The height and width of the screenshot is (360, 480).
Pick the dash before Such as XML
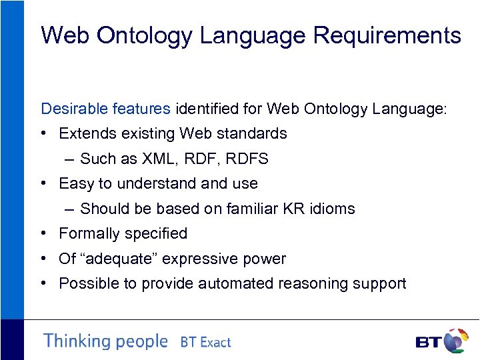71,159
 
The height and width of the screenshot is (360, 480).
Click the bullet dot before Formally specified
43,233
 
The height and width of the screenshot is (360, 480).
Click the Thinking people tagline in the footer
105,341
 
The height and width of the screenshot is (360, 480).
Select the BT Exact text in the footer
205,342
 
